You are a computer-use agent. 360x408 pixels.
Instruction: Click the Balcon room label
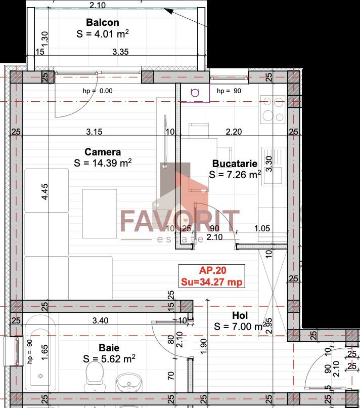tap(103, 22)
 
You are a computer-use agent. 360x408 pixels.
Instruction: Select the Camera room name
tap(103, 152)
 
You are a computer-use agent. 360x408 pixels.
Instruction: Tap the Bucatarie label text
tap(235, 164)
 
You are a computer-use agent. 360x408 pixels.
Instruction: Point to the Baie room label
tap(109, 348)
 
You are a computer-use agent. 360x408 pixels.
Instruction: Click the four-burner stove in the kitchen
tap(273, 109)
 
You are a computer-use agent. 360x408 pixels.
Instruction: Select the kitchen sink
tap(274, 160)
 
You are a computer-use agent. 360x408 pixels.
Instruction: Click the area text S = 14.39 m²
tap(103, 163)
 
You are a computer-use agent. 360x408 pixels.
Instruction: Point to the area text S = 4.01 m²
tap(103, 34)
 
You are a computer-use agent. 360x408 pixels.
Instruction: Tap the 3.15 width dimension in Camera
tap(94, 132)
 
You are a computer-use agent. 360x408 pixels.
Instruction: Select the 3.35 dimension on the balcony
tap(121, 52)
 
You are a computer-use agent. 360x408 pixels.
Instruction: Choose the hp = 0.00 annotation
tap(98, 91)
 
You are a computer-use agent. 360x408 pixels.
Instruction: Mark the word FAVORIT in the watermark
tap(179, 221)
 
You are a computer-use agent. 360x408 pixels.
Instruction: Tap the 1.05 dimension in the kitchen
tap(262, 228)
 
